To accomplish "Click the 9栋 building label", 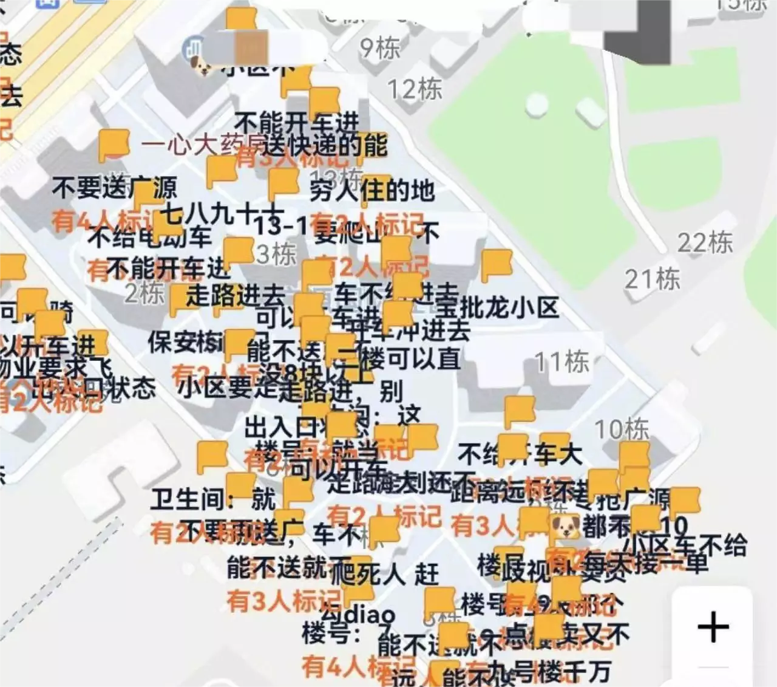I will coord(380,48).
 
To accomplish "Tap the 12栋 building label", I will coord(415,89).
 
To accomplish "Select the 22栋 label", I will coord(705,243).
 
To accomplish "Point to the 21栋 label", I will coord(653,279).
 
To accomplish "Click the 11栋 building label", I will coord(562,362).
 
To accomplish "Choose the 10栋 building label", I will coord(622,429).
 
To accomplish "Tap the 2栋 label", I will coord(144,293).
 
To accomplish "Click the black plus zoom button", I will coord(713,626).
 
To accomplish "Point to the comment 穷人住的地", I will coord(372,191).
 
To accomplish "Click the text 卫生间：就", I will coord(212,499).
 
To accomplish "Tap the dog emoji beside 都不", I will coord(565,526).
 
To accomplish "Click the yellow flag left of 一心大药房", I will coord(114,145).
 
